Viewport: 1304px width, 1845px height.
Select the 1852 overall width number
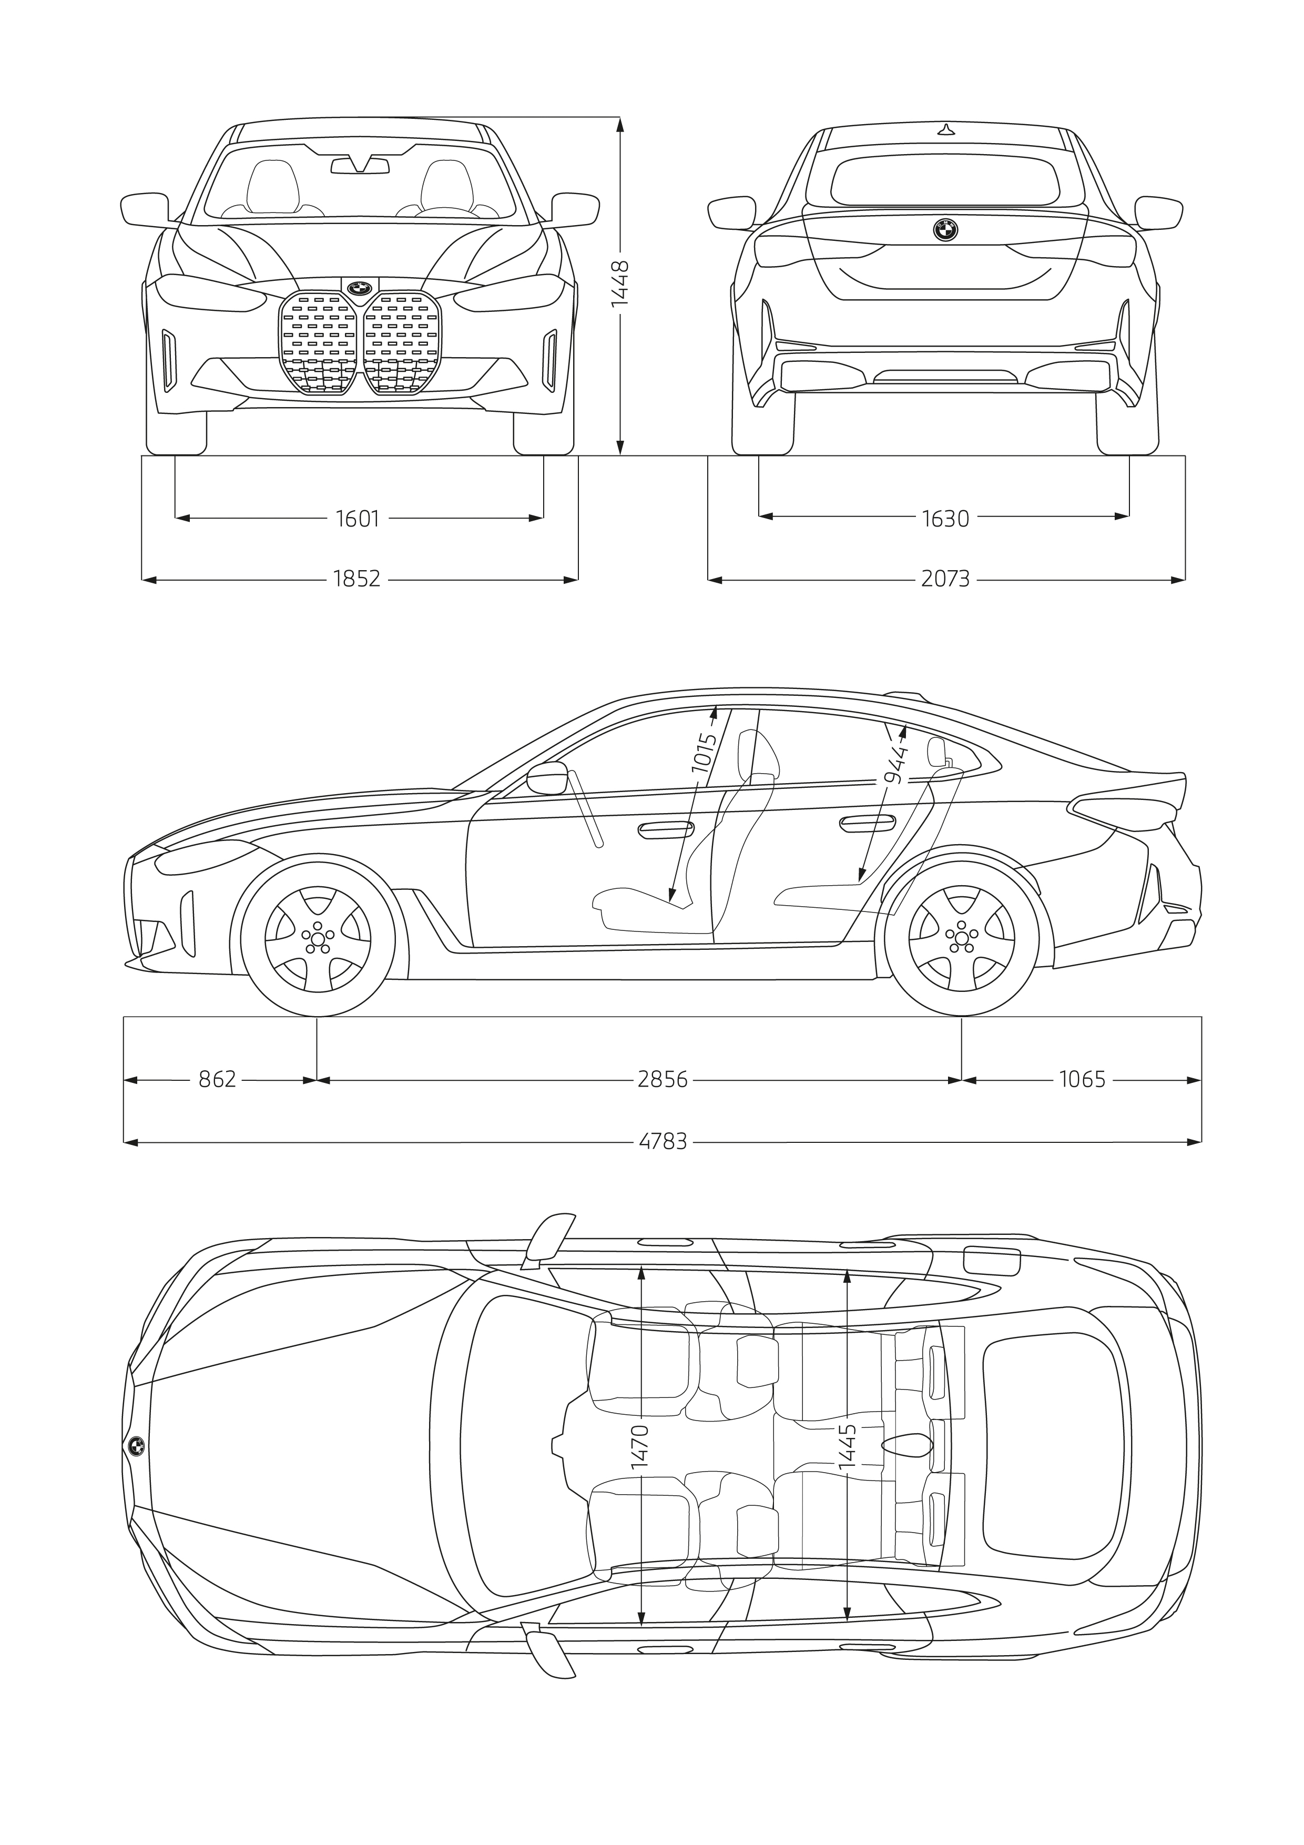click(x=358, y=579)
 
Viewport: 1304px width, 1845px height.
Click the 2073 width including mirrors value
click(x=945, y=579)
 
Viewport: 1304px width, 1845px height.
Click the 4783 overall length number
click(x=663, y=1142)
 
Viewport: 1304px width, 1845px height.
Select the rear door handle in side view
click(x=867, y=824)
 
